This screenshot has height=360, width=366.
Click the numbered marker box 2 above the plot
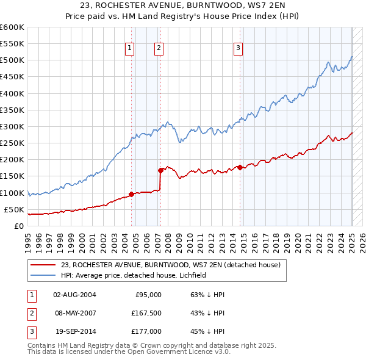point(159,49)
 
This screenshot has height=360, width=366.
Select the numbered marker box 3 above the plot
point(238,49)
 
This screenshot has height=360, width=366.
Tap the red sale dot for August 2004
point(131,195)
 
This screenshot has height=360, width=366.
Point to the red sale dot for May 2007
point(160,170)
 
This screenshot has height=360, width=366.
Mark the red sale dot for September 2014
point(240,167)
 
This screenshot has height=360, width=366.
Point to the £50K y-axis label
point(14,209)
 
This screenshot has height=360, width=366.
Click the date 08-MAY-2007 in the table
point(74,313)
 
